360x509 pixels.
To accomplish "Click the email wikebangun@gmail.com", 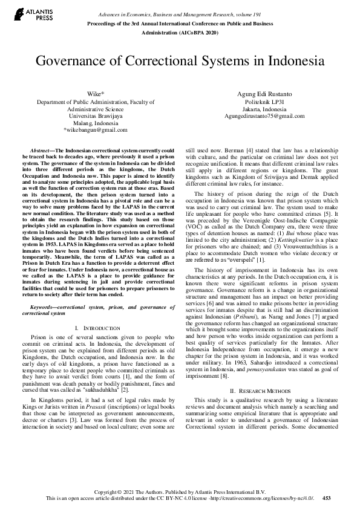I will coord(97,129).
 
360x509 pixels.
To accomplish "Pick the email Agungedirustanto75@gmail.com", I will coord(264,115).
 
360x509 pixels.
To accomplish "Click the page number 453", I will coord(327,498).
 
